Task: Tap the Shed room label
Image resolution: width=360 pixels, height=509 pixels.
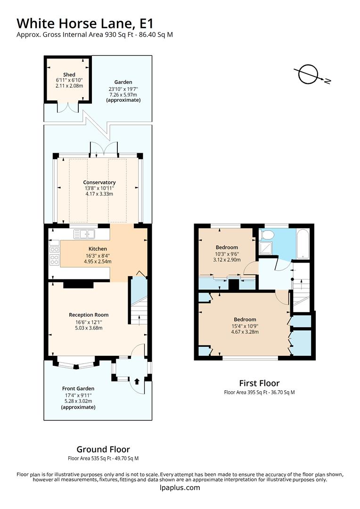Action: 69,74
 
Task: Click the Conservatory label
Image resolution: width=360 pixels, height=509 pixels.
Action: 99,182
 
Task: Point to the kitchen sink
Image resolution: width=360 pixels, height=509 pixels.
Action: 84,234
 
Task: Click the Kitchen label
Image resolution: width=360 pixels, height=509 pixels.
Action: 98,249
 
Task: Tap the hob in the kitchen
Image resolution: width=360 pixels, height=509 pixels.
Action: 54,259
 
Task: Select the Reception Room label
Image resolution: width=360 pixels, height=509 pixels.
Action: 89,315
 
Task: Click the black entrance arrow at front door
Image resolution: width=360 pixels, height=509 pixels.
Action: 137,381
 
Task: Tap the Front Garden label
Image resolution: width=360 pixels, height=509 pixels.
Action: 78,389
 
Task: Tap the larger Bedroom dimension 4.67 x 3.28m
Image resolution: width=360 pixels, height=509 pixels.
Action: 245,332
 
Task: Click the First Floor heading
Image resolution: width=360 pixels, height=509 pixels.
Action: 259,383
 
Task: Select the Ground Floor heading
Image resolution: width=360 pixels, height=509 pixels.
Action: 103,449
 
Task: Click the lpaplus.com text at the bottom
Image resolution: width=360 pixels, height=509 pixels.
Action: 180,488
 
